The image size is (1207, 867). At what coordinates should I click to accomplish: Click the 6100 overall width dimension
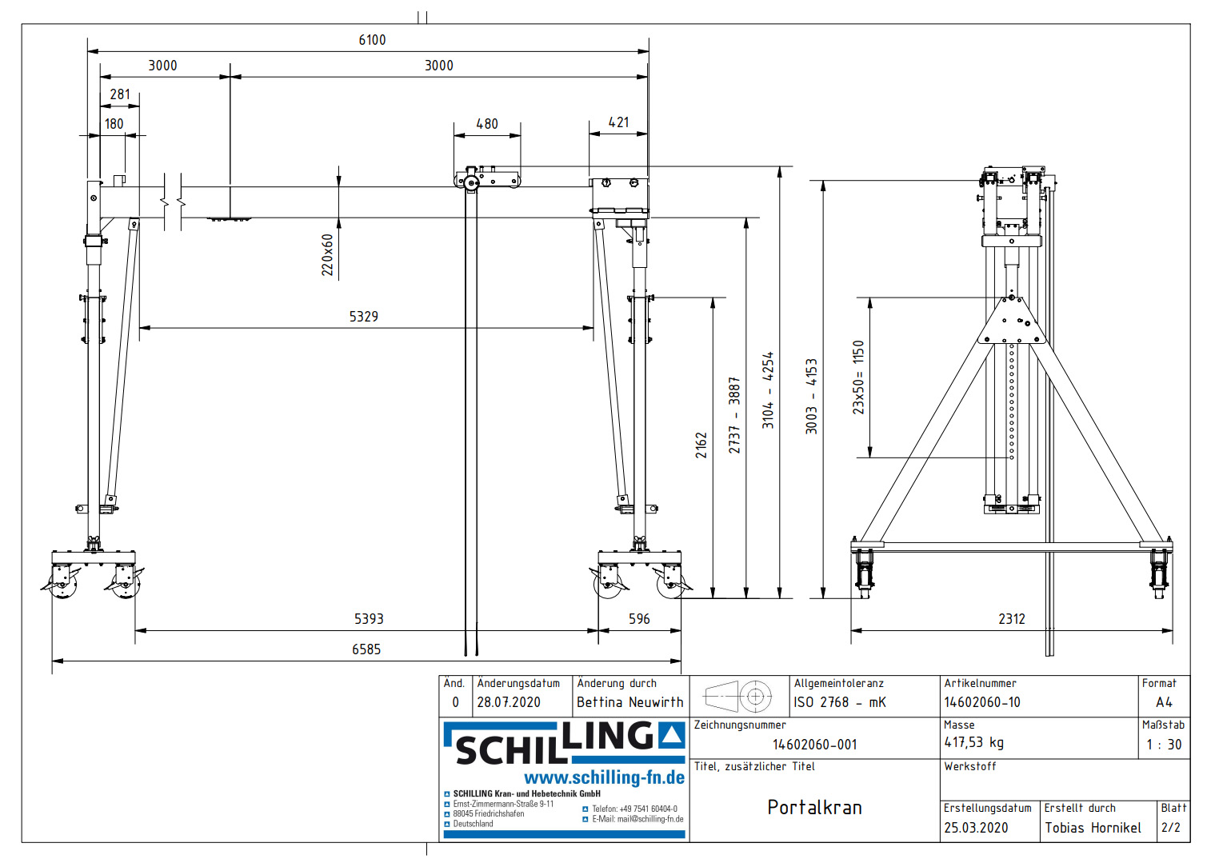coord(372,40)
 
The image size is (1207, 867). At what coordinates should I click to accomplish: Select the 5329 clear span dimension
coord(363,317)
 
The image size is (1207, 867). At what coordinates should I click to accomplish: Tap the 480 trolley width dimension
coord(486,124)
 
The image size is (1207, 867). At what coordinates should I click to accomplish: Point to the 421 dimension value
coord(618,122)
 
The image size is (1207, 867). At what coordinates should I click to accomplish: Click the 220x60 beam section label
coord(327,255)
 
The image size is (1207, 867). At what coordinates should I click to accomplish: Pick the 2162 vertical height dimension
coord(701,445)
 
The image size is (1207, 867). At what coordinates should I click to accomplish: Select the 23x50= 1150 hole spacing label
coord(858,377)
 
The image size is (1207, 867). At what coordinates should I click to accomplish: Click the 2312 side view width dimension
coord(1011,619)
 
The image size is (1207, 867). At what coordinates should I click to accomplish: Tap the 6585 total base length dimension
coord(366,649)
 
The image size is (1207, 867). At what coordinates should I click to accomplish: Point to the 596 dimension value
coord(639,619)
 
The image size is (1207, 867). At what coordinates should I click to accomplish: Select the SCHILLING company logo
coord(564,743)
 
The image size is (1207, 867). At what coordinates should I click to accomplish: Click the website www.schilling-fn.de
coord(604,778)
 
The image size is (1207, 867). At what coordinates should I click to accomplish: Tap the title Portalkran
coord(814,808)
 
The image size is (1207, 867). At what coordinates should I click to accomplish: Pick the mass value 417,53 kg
coord(973,743)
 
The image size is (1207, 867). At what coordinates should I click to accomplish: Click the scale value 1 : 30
coord(1164,745)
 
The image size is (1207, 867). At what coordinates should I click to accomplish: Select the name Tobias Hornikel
coord(1093,828)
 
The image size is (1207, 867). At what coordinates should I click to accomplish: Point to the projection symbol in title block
coord(737,697)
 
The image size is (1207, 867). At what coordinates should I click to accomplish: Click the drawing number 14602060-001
coord(814,745)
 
